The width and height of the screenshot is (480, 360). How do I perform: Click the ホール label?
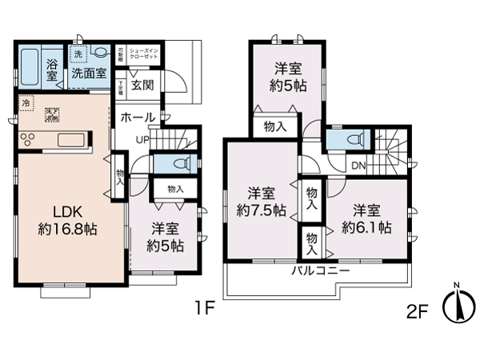[x=138, y=117]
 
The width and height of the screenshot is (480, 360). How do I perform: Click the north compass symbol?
[x=457, y=303]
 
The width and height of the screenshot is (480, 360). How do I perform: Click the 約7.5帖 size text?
[x=261, y=212]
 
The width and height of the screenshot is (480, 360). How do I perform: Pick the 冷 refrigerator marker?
[x=26, y=102]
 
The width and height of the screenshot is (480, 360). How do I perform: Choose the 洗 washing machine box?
[x=78, y=54]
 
